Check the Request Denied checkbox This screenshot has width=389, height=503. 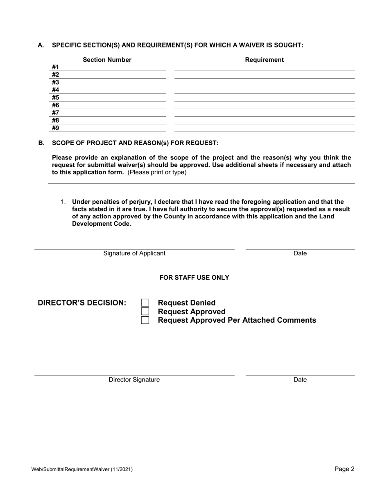(x=145, y=303)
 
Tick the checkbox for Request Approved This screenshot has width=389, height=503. (x=145, y=312)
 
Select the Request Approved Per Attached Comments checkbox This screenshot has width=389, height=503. (x=145, y=320)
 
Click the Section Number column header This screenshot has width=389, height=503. (x=107, y=60)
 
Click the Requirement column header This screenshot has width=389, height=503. (x=264, y=60)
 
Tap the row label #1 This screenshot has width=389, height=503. (x=56, y=67)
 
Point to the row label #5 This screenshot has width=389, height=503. (x=56, y=97)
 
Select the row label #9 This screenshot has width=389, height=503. (x=56, y=128)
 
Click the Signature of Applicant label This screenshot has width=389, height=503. (x=134, y=253)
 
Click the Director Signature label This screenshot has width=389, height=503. (x=134, y=379)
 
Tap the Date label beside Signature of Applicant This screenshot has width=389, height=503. (x=300, y=253)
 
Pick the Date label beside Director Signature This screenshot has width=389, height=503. (x=300, y=379)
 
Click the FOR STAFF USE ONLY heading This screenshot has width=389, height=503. (x=194, y=278)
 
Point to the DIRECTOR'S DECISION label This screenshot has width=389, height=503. (x=82, y=303)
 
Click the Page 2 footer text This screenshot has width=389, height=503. (x=344, y=469)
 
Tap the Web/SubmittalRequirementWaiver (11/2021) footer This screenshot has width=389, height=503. (x=82, y=469)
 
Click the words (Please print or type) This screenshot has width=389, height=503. (x=157, y=172)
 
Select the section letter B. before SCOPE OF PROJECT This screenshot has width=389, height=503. (x=41, y=143)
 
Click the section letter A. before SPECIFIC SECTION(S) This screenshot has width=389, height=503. (x=41, y=45)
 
